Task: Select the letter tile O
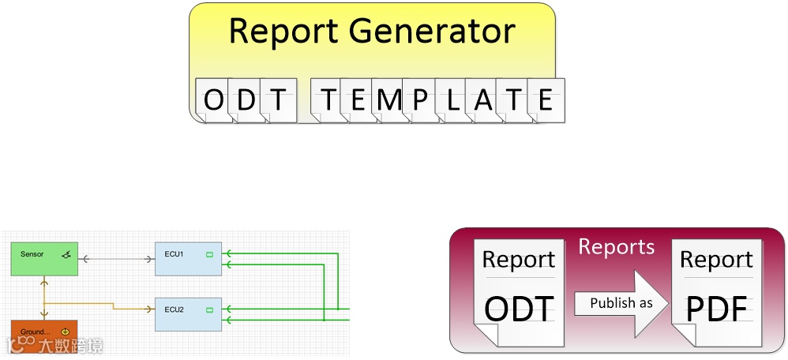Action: tap(214, 100)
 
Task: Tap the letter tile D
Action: tap(246, 100)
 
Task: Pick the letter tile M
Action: tap(388, 100)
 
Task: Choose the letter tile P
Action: tap(419, 100)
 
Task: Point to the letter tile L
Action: tap(452, 100)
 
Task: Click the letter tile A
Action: tap(483, 100)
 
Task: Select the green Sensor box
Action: tap(44, 259)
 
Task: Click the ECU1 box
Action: tap(187, 259)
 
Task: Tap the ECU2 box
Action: tap(187, 313)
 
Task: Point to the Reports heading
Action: tap(617, 247)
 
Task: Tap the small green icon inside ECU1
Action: tap(210, 254)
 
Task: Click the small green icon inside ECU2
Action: tap(210, 309)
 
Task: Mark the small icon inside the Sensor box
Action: tap(67, 254)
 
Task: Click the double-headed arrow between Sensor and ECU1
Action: tap(116, 258)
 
